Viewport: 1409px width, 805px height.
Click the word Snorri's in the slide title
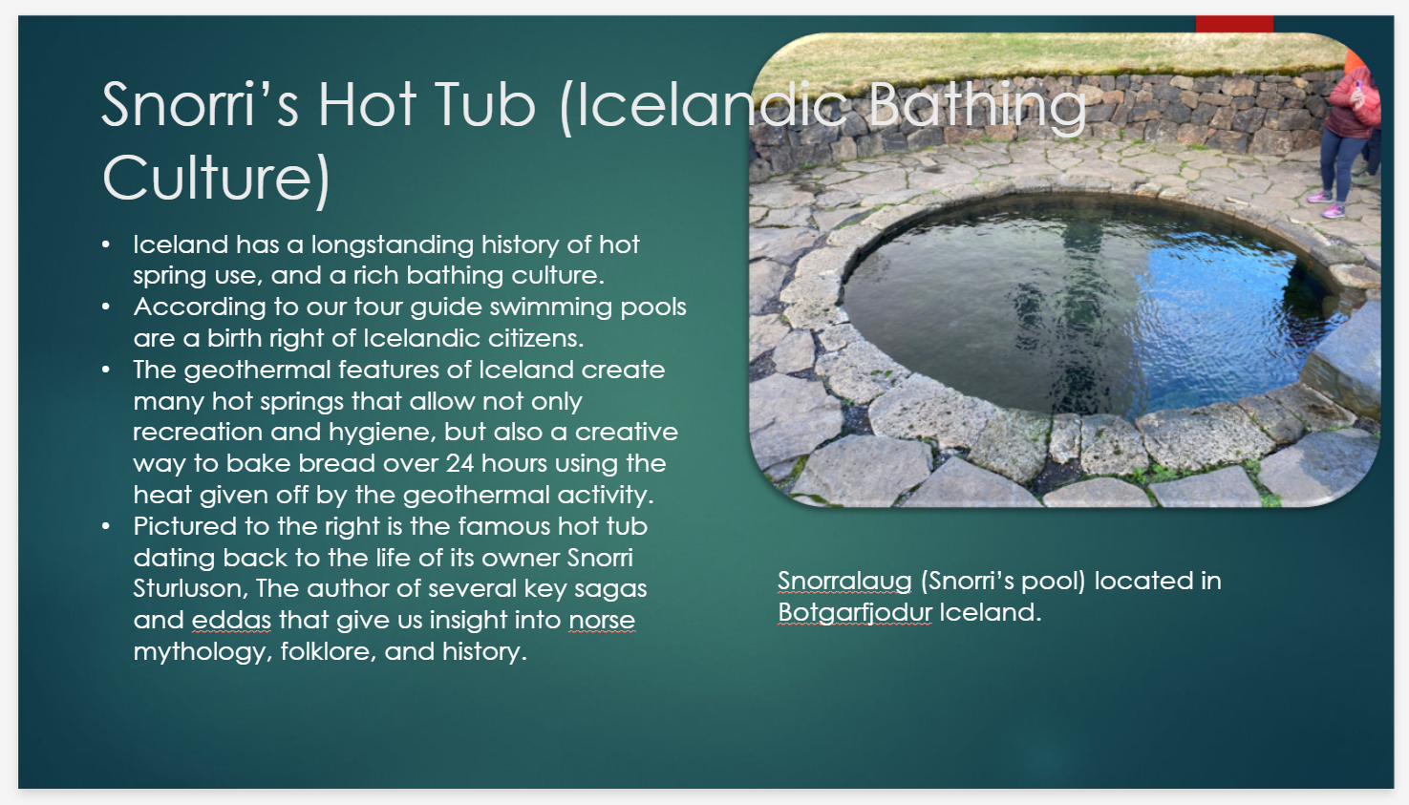[200, 104]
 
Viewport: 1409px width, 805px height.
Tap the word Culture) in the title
[217, 179]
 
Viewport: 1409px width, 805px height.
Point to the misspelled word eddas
[231, 621]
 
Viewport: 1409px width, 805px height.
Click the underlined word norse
[602, 621]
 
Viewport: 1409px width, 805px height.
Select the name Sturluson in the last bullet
[189, 589]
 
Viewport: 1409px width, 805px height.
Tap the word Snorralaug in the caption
[844, 582]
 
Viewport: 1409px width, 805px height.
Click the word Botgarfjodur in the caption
[854, 613]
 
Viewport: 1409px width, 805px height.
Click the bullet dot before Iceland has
[106, 245]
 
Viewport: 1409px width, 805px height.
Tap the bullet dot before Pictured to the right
[106, 527]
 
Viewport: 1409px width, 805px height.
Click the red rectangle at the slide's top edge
[1234, 24]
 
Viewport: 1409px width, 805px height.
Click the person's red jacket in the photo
[1353, 105]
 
